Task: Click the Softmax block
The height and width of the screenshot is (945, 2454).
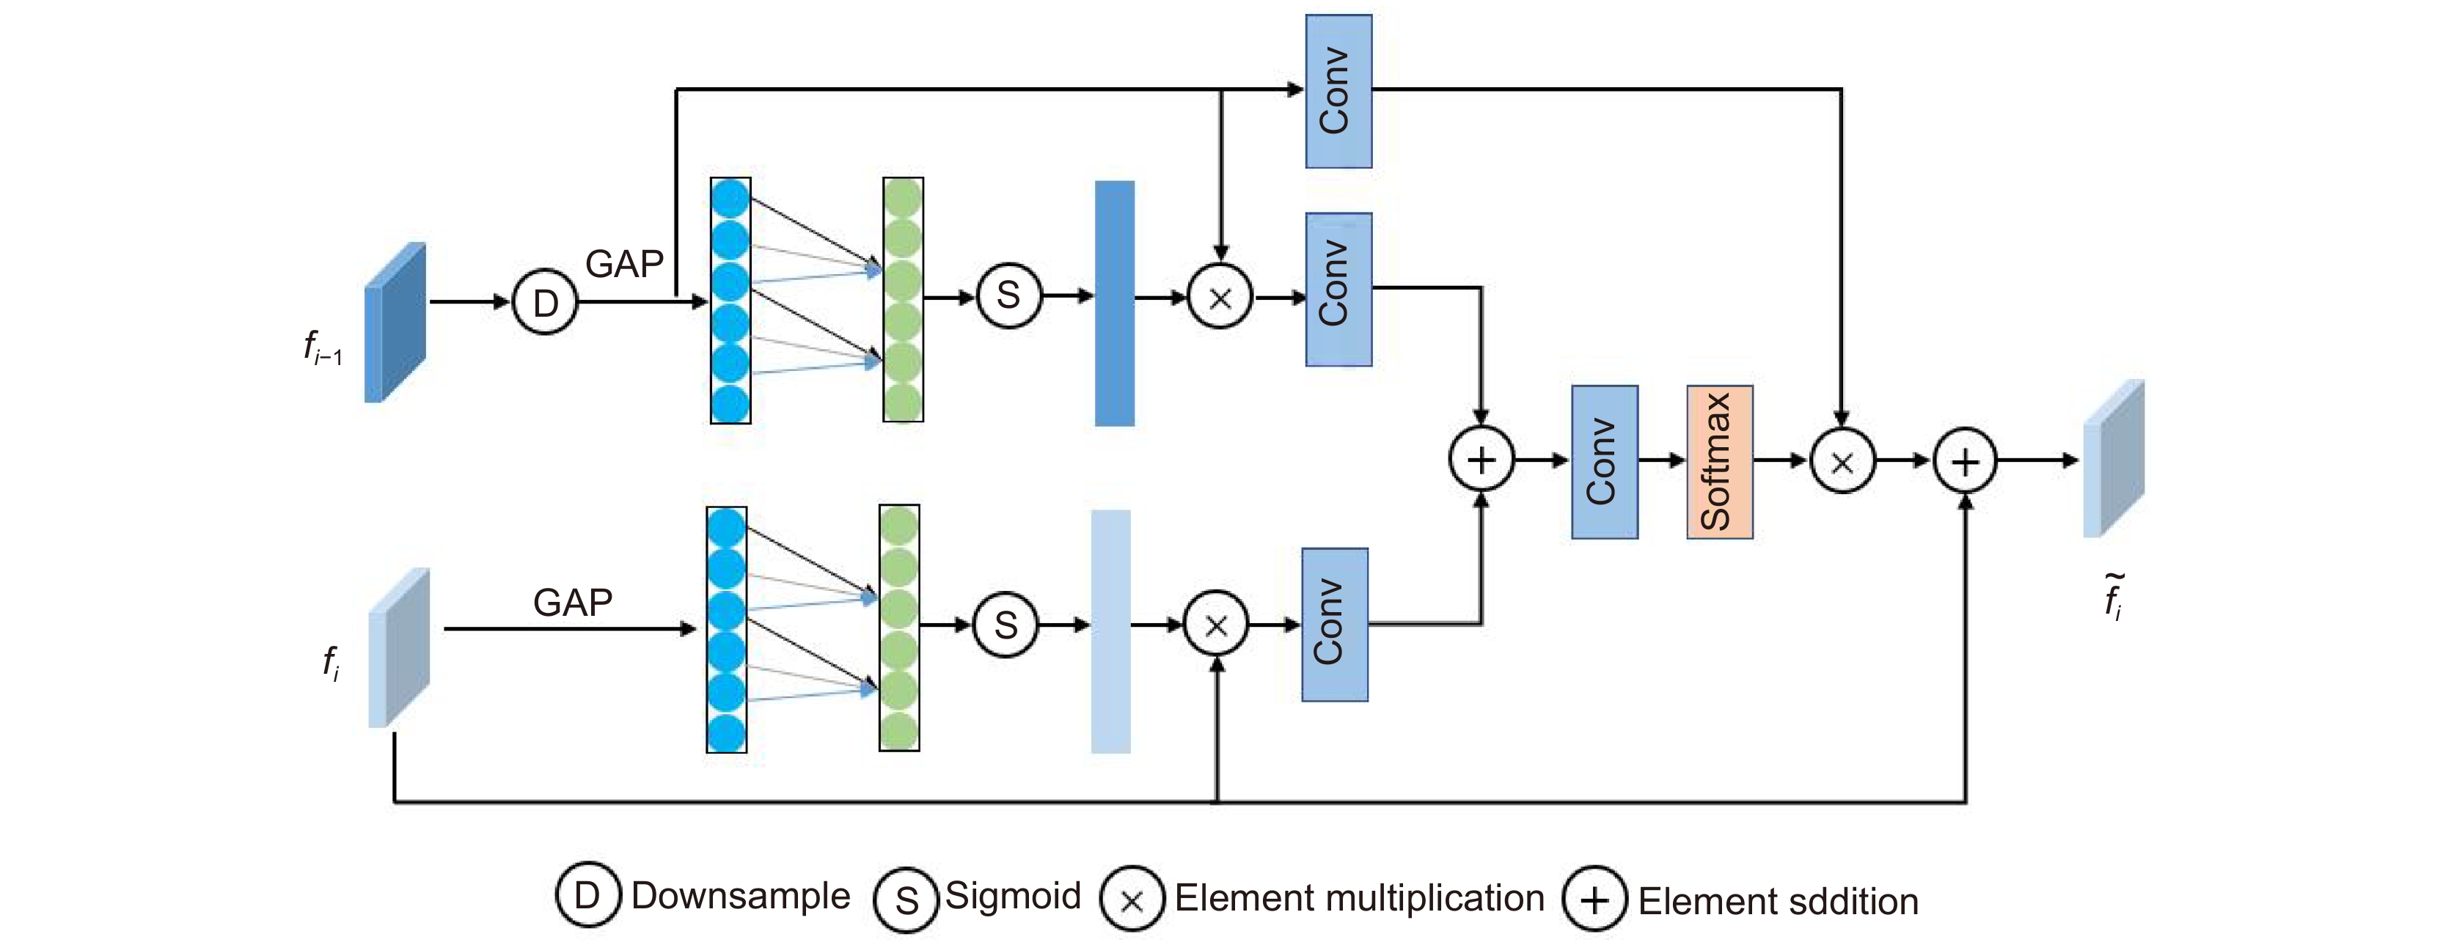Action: point(1720,462)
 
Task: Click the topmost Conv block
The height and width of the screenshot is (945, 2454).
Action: point(1338,92)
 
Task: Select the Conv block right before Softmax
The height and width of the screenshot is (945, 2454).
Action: point(1604,462)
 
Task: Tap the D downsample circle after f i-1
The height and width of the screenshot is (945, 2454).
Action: point(545,302)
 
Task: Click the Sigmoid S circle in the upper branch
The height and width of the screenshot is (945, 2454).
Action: point(1009,296)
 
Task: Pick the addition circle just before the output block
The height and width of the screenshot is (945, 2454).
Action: point(1964,462)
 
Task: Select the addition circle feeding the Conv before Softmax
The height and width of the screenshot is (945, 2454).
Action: point(1481,460)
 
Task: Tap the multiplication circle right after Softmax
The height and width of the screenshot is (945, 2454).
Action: point(1842,462)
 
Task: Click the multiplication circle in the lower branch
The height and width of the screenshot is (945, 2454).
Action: point(1215,625)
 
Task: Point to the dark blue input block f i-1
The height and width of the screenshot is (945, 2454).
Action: point(395,322)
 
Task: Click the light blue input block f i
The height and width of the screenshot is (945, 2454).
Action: point(399,648)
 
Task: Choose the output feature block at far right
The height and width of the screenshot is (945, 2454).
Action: point(2113,458)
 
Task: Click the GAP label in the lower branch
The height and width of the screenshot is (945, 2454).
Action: point(573,602)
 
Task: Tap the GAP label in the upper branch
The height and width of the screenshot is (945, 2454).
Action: point(624,264)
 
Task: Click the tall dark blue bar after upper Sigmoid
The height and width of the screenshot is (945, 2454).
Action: point(1115,303)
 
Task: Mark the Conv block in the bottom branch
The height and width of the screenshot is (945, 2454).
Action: point(1335,625)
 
